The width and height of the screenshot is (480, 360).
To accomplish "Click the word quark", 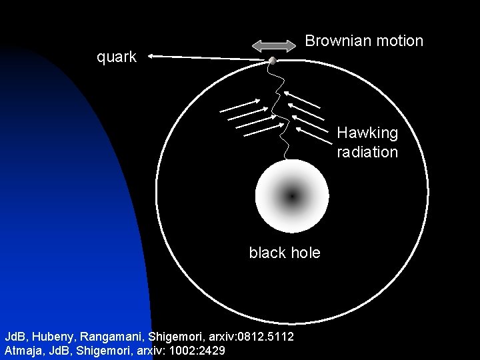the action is [x=117, y=57].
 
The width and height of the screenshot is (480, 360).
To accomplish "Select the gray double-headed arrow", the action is [x=273, y=45].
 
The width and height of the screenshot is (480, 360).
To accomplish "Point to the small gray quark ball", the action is [x=273, y=61].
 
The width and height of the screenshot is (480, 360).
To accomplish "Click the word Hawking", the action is [x=367, y=133].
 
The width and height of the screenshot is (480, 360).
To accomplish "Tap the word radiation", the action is [x=367, y=152].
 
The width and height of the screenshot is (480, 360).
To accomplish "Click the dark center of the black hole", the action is [x=292, y=196].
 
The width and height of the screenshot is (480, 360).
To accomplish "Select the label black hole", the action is [x=285, y=253].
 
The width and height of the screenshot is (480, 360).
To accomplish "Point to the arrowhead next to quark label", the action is [x=152, y=57].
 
